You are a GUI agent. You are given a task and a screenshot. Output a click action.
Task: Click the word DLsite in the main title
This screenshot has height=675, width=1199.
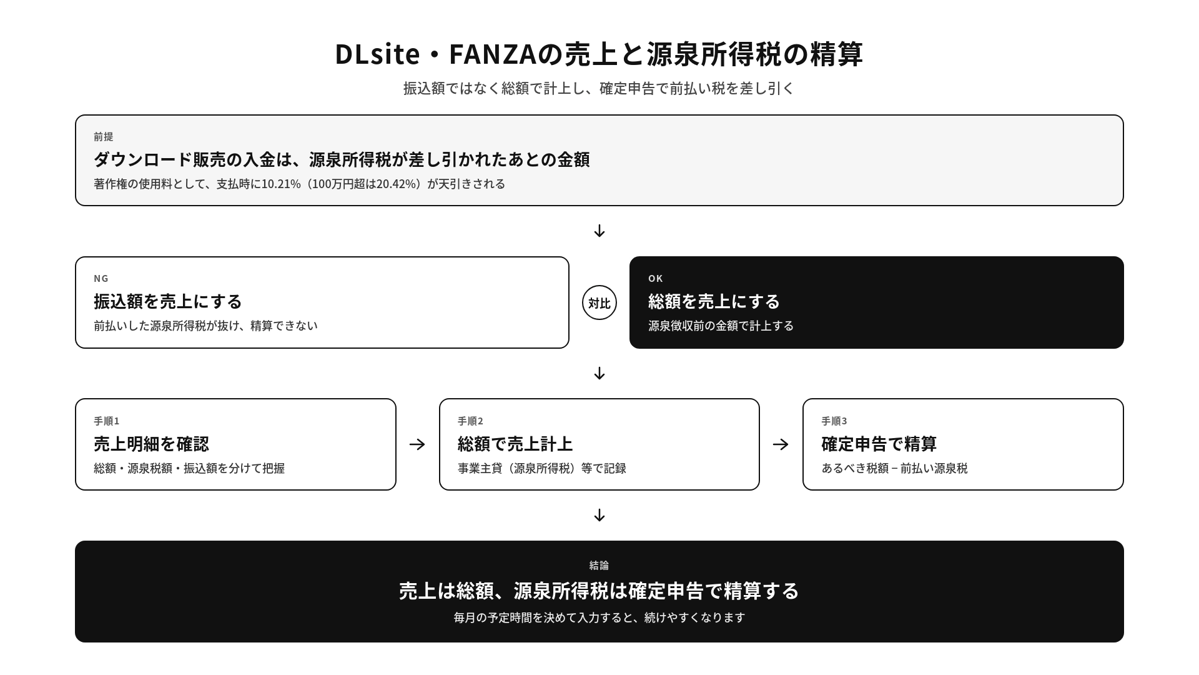(x=377, y=54)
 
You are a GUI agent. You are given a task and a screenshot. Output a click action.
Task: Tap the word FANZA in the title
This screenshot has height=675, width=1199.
(x=493, y=54)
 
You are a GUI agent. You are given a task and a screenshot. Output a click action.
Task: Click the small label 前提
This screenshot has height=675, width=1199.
(x=104, y=136)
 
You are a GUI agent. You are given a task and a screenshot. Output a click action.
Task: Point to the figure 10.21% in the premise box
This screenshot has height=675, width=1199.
(x=281, y=184)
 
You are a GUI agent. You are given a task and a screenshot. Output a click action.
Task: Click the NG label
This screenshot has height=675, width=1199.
(x=101, y=278)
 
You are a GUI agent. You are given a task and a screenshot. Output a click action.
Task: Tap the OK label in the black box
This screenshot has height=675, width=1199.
(x=656, y=278)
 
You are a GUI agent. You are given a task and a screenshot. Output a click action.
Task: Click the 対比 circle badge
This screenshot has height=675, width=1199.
(x=599, y=302)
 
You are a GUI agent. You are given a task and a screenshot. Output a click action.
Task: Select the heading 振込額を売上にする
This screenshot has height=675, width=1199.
(x=167, y=301)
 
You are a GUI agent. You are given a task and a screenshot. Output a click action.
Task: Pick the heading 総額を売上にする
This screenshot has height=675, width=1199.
(x=714, y=301)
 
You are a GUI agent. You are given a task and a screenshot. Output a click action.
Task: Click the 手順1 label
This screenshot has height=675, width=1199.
(x=106, y=421)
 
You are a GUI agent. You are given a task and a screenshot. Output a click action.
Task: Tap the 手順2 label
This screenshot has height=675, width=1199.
(x=470, y=421)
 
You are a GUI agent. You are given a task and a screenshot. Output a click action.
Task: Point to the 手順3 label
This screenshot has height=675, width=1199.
(x=834, y=421)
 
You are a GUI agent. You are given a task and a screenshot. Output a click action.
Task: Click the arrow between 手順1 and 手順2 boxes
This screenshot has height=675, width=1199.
(x=417, y=444)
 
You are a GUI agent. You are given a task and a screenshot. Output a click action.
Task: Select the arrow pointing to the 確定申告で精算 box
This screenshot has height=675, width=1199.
(x=781, y=444)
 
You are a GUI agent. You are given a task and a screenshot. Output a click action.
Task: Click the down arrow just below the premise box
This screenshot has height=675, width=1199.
(x=599, y=231)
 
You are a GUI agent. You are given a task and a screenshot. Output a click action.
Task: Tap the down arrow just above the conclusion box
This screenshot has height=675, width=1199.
(x=599, y=515)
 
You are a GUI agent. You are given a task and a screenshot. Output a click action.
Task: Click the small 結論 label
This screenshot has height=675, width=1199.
(x=599, y=565)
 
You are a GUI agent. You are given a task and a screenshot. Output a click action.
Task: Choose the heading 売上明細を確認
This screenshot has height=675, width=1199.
(x=151, y=444)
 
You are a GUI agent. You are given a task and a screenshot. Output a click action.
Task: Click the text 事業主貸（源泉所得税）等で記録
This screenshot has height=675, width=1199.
(x=542, y=468)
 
